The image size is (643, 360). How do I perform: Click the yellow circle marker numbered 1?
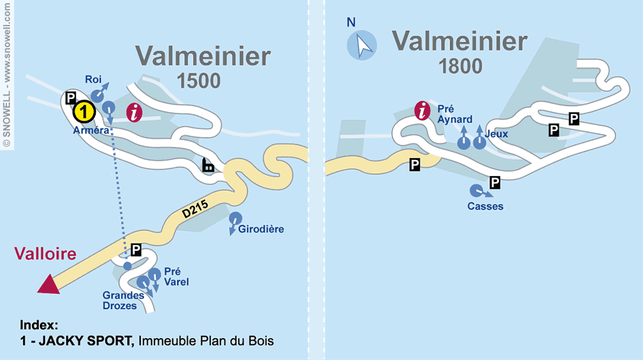(84, 112)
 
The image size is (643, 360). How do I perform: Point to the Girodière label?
(261, 229)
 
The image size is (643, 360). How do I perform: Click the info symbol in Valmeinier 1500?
(134, 112)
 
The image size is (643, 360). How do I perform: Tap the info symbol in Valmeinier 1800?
(422, 111)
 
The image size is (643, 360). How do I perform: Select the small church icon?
(208, 166)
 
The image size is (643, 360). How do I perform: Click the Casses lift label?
(485, 206)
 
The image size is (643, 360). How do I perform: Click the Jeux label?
(498, 134)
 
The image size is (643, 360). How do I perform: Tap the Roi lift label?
(93, 79)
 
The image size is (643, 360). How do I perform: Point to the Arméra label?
(90, 129)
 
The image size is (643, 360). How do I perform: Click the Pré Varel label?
(176, 276)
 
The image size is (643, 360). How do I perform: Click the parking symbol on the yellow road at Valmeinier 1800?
(415, 165)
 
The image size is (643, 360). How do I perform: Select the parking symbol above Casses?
(494, 183)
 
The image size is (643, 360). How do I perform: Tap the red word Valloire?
(46, 253)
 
